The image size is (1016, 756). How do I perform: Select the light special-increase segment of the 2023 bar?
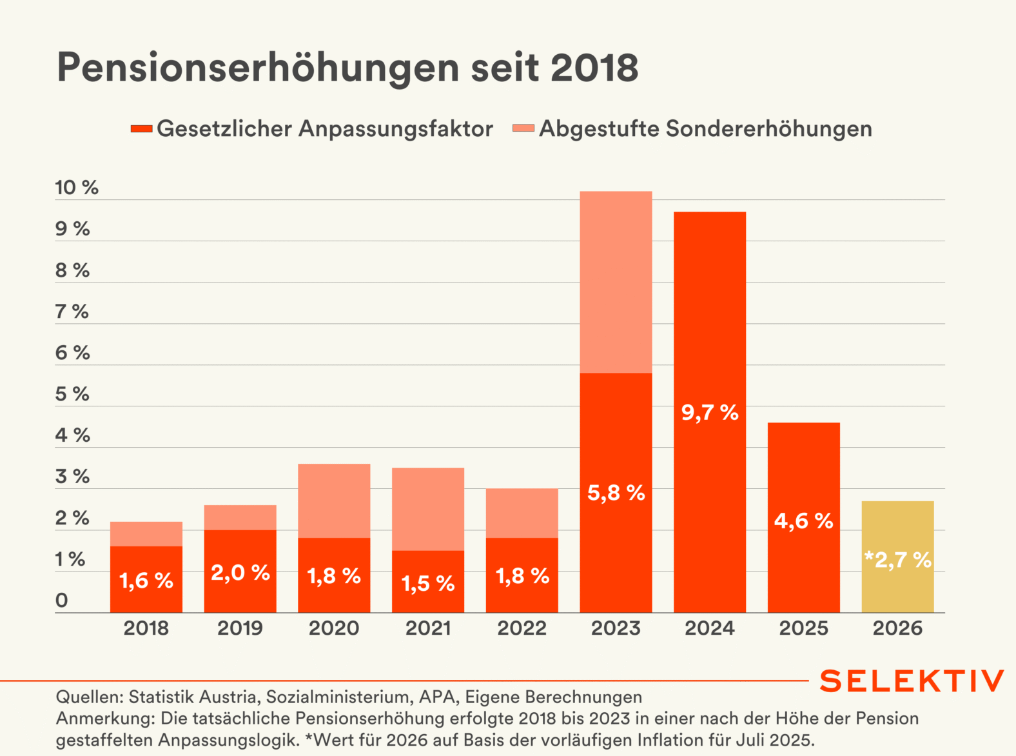click(616, 282)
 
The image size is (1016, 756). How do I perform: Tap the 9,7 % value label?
click(710, 412)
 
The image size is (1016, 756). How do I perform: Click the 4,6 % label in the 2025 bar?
click(803, 521)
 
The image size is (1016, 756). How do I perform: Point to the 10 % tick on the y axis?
click(77, 188)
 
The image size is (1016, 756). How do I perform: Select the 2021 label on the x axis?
click(428, 628)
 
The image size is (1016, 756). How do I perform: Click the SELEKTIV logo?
click(912, 681)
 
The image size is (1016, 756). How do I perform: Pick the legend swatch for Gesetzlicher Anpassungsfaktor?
click(141, 129)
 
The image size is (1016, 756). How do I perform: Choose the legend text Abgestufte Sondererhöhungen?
click(705, 129)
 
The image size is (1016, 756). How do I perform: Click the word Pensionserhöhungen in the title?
click(258, 67)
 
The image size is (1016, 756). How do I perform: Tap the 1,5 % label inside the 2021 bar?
click(428, 583)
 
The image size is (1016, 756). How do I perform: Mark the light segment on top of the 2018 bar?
click(146, 534)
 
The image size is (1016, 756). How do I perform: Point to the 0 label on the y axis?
click(62, 601)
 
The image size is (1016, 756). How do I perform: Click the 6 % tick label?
click(72, 353)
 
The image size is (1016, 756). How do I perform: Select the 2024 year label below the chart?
click(710, 628)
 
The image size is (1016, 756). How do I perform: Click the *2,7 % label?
click(897, 559)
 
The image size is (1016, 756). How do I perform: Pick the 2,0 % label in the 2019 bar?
click(240, 572)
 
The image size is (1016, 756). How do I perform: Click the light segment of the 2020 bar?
click(334, 501)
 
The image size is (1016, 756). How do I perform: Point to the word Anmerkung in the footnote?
click(105, 719)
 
